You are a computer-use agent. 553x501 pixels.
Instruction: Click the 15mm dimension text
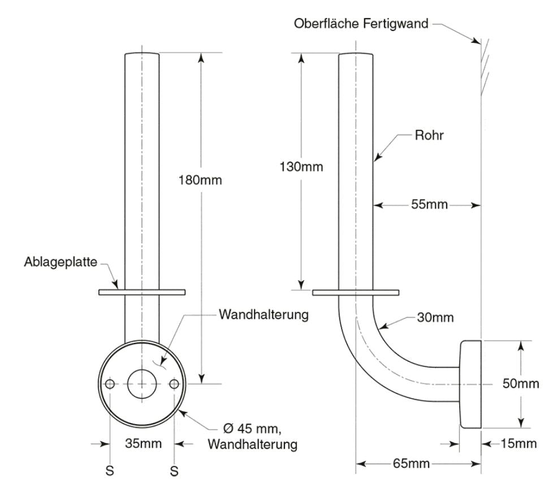tap(518, 443)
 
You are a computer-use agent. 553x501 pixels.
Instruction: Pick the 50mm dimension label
tap(521, 384)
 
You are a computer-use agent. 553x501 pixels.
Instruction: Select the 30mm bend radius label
tap(435, 318)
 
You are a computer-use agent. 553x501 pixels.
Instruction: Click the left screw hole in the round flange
tap(110, 384)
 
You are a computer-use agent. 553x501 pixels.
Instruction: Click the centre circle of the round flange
tap(142, 384)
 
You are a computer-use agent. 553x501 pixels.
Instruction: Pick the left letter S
tap(110, 470)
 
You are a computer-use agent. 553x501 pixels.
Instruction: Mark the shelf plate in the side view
tap(356, 293)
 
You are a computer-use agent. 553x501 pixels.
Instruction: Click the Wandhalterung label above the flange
tap(263, 315)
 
